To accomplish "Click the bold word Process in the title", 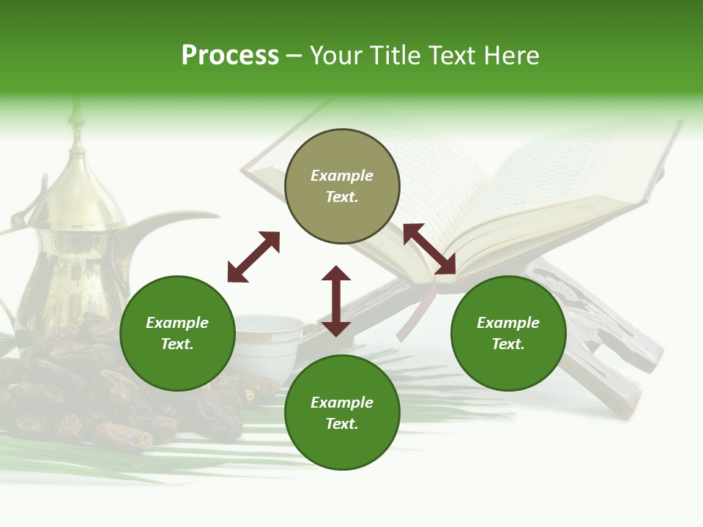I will [230, 56].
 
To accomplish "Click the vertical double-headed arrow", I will [336, 301].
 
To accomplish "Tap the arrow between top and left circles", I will [253, 257].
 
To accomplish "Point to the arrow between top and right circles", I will [429, 249].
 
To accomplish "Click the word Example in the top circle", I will [342, 176].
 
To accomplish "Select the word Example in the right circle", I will [508, 323].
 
